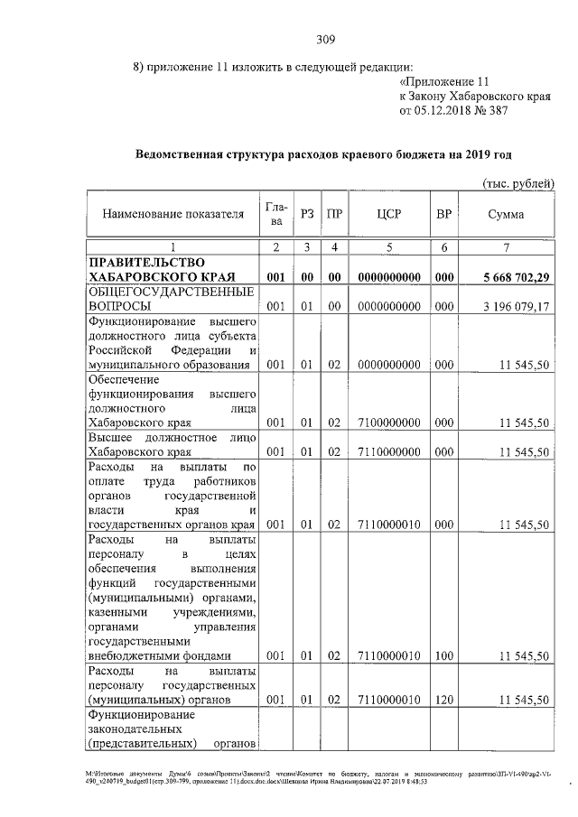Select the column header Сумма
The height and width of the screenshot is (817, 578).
[506, 214]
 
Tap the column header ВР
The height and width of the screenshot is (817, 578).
[443, 214]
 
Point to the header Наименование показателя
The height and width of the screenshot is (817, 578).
[173, 215]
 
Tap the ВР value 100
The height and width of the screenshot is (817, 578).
[443, 655]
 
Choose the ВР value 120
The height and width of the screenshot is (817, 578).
[443, 700]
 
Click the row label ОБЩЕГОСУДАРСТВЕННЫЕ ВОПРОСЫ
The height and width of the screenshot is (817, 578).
[168, 300]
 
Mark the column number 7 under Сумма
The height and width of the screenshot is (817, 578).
[506, 246]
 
